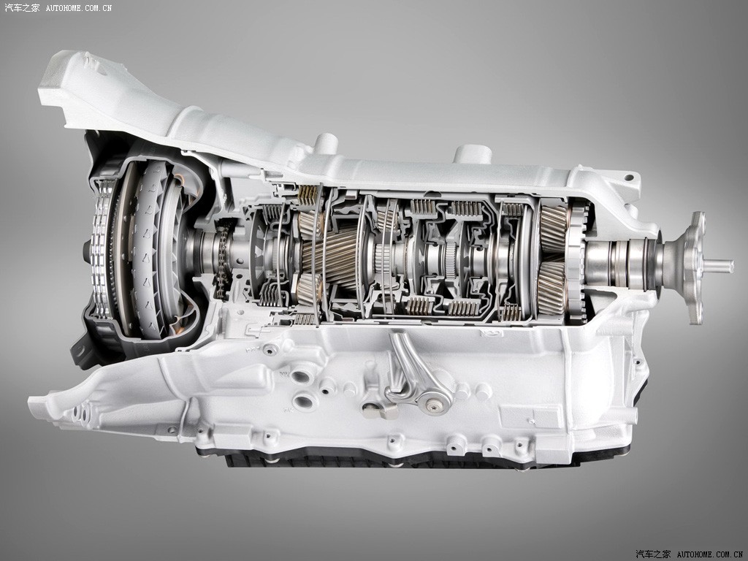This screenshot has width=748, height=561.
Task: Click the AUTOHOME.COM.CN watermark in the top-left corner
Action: [x=79, y=8]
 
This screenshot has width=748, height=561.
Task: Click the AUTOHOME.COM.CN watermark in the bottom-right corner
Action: [x=710, y=554]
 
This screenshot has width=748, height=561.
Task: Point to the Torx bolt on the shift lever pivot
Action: [x=432, y=405]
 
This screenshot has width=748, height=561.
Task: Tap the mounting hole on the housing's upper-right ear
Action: [x=629, y=178]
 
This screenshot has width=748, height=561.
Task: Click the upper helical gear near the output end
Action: [x=554, y=229]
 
